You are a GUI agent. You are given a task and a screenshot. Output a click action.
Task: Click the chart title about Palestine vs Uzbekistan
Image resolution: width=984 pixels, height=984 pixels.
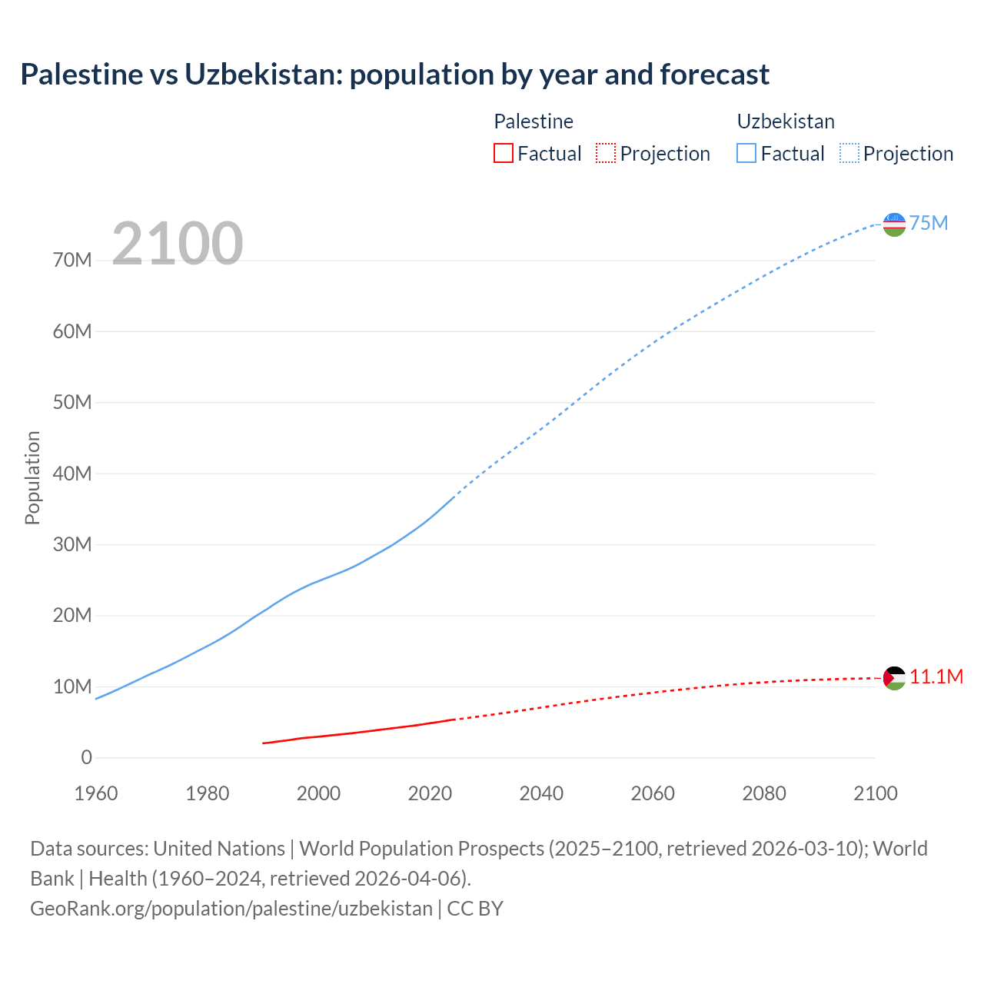point(394,75)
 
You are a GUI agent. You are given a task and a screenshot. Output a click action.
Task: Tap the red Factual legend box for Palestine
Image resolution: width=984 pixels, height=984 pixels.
point(503,153)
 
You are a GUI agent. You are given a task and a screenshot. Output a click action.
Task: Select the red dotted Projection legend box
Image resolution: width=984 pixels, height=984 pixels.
point(606,153)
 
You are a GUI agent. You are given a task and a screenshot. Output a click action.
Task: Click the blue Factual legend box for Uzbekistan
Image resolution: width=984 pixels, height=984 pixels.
point(746,153)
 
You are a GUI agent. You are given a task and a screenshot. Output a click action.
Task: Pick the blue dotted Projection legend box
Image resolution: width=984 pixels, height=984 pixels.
point(849,153)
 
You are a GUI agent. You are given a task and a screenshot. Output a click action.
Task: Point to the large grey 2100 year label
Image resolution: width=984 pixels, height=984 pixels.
point(178,244)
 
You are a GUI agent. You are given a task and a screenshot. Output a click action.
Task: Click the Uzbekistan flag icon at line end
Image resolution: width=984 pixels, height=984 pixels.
point(894,224)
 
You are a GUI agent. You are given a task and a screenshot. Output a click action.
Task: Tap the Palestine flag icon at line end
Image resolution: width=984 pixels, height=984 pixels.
point(894,678)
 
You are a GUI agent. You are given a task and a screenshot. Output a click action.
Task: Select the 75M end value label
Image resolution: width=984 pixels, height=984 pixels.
point(929,223)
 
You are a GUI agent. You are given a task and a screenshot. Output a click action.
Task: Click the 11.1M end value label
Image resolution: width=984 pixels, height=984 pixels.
point(936,676)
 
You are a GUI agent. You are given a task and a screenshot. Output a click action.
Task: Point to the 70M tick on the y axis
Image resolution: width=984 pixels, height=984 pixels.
point(72,261)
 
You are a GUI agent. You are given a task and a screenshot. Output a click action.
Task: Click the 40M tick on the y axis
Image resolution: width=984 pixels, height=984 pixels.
point(72,474)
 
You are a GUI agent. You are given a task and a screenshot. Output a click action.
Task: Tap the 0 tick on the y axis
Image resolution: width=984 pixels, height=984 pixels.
point(86,758)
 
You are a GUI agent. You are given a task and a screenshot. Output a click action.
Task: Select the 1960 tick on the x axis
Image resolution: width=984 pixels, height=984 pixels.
point(96,793)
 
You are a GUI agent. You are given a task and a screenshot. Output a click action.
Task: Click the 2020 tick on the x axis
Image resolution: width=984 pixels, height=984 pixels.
point(430,793)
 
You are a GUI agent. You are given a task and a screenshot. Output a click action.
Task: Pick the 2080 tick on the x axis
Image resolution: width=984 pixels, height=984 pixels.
point(764,793)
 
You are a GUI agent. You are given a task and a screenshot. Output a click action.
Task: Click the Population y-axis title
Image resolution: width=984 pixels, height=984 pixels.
point(32,477)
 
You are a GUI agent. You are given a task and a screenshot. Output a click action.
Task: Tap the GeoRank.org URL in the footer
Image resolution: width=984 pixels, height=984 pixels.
point(231,909)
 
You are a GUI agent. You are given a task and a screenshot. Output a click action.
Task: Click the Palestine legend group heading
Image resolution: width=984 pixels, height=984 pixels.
point(534,121)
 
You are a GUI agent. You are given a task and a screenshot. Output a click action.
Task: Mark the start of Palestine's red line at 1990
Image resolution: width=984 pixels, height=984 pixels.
point(264,743)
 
